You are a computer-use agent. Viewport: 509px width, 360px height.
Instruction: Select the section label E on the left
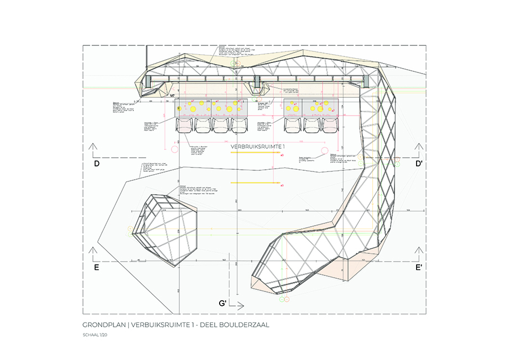pos(96,268)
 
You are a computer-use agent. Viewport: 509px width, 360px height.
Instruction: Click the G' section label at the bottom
pos(224,303)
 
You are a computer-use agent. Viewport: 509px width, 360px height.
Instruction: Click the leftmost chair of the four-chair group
pos(184,126)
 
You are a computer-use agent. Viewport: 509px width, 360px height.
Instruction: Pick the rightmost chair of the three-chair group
pos(329,126)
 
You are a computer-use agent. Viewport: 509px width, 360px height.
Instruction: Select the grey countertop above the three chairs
pos(310,108)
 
